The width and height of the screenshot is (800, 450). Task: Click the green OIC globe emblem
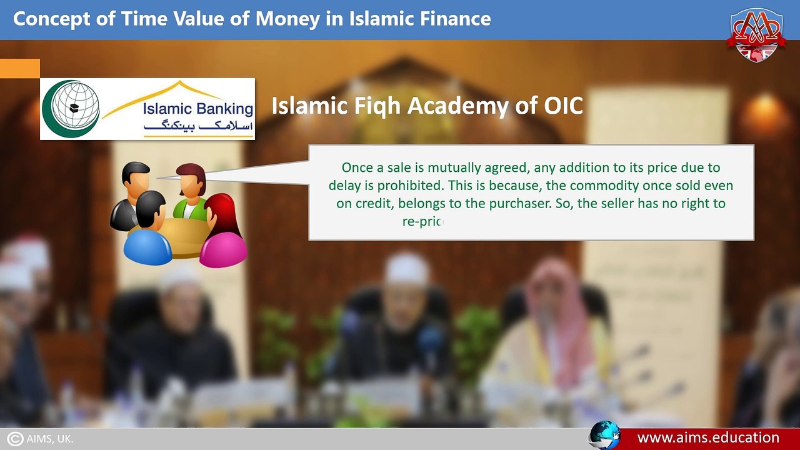tap(71, 109)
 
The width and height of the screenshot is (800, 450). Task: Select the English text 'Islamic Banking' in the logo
tap(197, 109)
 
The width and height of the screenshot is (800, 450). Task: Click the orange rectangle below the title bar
tap(20, 68)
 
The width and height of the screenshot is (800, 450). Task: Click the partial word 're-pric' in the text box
tap(422, 221)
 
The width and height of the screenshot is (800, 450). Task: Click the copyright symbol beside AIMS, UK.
tap(15, 439)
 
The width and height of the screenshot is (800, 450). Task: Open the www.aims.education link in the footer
tap(707, 437)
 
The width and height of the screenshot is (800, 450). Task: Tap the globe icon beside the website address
tap(605, 436)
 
